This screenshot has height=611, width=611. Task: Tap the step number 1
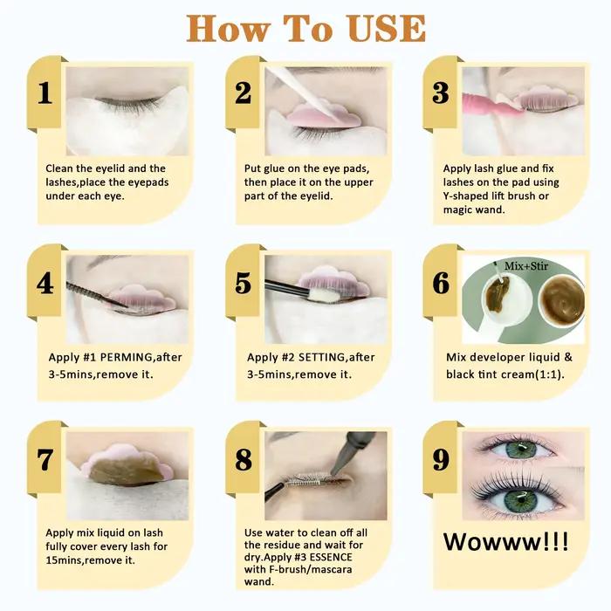[45, 93]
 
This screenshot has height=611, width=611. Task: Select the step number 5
[244, 284]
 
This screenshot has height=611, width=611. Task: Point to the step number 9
[441, 459]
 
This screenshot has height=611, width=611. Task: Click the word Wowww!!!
[505, 542]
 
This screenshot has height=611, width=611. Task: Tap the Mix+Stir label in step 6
[526, 266]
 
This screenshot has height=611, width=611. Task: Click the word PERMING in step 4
[127, 357]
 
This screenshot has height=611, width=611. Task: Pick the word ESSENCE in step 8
[331, 557]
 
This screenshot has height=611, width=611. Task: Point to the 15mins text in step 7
[65, 560]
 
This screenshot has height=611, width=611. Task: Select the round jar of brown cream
[562, 300]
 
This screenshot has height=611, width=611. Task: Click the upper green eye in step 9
[521, 450]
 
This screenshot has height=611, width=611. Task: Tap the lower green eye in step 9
[521, 501]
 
